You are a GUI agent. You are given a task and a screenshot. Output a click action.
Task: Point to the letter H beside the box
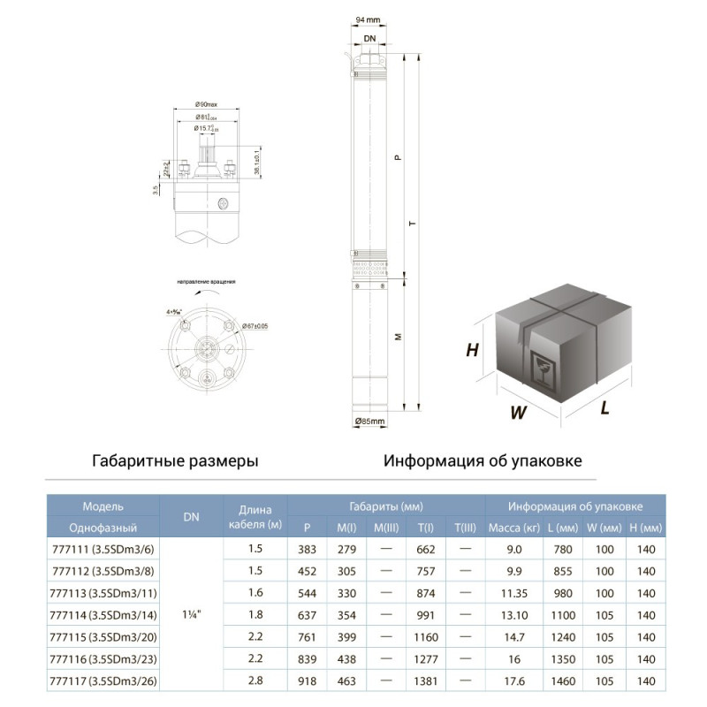[472, 350]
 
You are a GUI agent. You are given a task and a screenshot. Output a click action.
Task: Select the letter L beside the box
[605, 407]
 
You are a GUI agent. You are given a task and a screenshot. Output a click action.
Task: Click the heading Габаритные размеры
[175, 461]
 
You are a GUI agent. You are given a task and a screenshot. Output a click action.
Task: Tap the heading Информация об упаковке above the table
[483, 461]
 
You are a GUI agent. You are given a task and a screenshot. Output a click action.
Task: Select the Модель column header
[103, 506]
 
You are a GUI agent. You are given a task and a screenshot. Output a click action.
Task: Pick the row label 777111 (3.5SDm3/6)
[103, 549]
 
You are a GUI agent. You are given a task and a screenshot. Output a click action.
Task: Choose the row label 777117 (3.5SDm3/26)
[103, 680]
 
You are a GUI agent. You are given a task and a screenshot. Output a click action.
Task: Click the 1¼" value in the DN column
[191, 614]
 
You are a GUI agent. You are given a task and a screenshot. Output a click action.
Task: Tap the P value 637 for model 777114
[307, 614]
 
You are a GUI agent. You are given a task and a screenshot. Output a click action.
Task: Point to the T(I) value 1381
[426, 680]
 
